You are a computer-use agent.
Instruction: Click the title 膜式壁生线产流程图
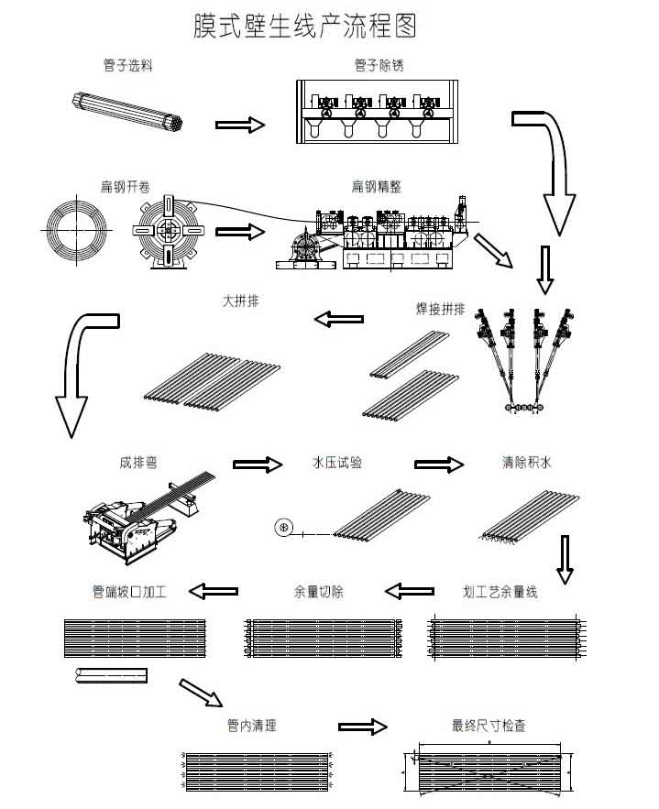coord(304,26)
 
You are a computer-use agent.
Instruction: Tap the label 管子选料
coord(127,65)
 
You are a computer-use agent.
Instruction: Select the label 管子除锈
coord(378,65)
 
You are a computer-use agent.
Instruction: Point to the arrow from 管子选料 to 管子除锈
coord(239,125)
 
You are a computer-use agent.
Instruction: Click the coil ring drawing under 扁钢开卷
coord(76,226)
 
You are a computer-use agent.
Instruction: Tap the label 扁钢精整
coord(376,186)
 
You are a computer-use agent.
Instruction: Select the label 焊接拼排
coord(440,310)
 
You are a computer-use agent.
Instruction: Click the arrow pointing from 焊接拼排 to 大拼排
coord(338,319)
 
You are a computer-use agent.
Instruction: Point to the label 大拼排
coord(239,301)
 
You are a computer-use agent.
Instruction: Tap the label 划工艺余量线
coord(500,592)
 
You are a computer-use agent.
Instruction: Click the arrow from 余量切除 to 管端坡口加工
coord(214,591)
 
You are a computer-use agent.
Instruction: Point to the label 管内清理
coord(251,727)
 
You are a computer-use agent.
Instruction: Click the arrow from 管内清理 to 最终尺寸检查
coord(362,727)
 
